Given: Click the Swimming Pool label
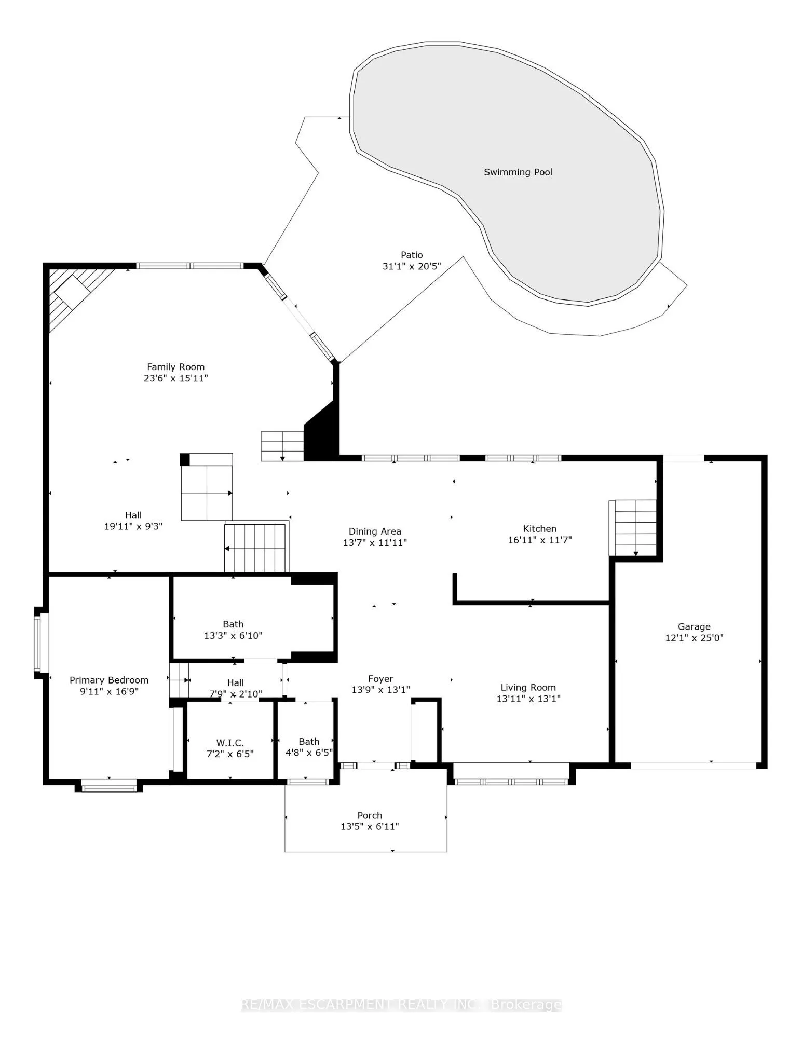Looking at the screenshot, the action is point(518,172).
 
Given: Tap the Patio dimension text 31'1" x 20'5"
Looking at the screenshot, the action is point(412,266).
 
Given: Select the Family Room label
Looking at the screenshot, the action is point(175,367).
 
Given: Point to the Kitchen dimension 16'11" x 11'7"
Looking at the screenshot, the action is point(540,540).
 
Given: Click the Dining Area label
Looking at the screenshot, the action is point(375,531).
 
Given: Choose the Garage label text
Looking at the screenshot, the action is point(694,626).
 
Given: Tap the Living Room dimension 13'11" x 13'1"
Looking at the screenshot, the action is point(528,699).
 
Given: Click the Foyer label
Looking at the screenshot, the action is point(380,679).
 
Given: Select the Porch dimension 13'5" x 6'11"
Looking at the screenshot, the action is point(370,826).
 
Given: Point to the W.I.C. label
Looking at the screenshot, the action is point(230,743).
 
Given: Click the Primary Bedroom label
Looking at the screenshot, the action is point(109,680).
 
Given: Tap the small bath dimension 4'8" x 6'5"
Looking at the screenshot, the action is point(309,753).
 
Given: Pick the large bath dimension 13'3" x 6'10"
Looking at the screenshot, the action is point(233,635).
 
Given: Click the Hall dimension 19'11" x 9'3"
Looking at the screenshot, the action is point(133,526).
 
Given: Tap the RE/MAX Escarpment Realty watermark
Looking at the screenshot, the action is point(401,1005).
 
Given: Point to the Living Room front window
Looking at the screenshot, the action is point(511,782).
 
